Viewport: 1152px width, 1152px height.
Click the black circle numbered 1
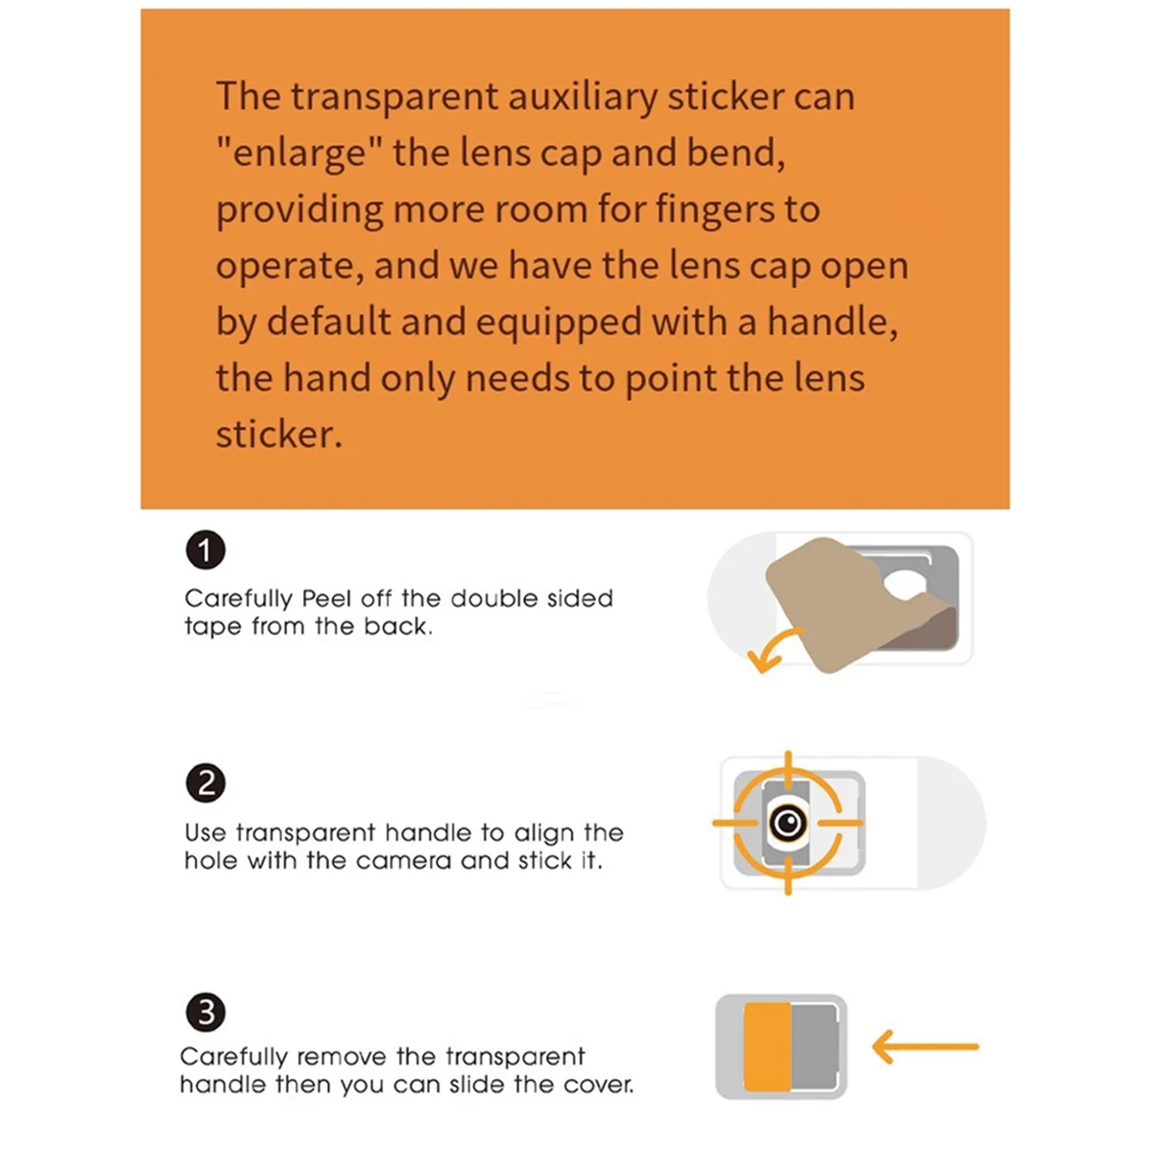point(205,550)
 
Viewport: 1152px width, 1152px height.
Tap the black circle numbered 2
point(205,782)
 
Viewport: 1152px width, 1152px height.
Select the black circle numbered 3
point(205,1013)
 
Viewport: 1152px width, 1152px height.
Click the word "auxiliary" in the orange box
point(583,97)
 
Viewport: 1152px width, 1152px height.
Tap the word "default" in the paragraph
point(328,322)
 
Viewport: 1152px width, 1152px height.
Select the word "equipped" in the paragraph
point(559,323)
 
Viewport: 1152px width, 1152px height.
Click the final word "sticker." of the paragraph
point(279,434)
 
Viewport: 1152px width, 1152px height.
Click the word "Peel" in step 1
point(326,598)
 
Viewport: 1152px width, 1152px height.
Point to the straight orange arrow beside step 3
point(925,1046)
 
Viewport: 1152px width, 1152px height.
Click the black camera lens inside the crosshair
point(788,823)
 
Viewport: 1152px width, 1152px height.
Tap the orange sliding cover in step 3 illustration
point(768,1046)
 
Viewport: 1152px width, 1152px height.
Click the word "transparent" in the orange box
point(395,98)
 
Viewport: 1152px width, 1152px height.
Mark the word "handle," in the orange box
point(832,322)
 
